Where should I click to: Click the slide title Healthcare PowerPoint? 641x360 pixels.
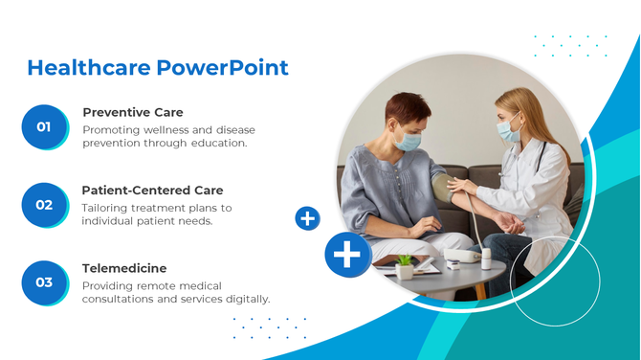coord(157,68)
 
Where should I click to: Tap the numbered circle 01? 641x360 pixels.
coord(44,126)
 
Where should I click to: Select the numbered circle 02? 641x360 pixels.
coord(44,205)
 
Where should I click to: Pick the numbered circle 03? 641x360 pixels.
coord(44,282)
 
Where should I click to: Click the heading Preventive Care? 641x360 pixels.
coord(132,112)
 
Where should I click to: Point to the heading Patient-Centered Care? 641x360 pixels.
coord(152,190)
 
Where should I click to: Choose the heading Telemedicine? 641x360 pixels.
coord(124,268)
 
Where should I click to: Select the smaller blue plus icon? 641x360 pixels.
coord(307,219)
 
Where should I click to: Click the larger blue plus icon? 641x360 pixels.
coord(348,255)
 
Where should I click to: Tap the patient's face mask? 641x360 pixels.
coord(409,141)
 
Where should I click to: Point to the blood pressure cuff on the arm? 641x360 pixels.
coord(443,187)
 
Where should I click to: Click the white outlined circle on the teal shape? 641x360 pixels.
coord(555,281)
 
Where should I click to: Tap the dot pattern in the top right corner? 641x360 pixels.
coord(570,44)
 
